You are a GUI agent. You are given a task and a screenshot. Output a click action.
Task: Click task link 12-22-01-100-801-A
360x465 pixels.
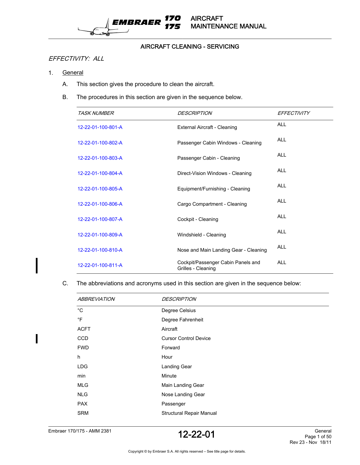100,127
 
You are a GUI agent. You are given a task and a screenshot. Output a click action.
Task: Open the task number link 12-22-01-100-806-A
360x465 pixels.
100,204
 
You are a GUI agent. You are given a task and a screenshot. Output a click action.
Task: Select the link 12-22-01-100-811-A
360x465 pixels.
100,265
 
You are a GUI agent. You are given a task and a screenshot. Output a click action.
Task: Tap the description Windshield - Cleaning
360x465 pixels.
201,235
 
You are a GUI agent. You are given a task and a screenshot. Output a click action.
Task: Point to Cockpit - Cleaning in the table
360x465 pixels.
197,219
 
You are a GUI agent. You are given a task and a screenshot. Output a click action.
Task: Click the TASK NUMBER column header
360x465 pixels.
96,113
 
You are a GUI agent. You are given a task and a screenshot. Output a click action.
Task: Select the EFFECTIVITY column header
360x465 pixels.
293,113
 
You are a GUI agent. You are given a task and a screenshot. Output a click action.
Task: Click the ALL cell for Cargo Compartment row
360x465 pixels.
282,201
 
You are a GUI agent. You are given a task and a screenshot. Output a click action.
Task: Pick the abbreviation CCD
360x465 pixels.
83,338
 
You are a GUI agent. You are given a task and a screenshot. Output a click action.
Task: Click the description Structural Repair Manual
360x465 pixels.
189,413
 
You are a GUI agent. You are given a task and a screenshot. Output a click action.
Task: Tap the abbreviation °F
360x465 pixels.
80,320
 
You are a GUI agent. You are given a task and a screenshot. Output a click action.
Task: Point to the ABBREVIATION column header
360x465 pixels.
96,299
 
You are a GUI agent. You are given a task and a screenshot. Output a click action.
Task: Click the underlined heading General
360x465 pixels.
73,73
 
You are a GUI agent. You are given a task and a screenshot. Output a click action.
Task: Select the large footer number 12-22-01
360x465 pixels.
196,434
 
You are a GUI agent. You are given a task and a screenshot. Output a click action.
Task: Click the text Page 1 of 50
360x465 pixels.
318,437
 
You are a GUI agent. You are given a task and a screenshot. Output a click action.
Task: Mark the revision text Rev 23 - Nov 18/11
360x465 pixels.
310,442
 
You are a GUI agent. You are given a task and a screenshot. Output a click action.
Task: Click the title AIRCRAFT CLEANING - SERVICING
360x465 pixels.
190,47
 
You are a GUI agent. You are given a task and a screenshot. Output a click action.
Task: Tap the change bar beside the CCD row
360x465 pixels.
37,338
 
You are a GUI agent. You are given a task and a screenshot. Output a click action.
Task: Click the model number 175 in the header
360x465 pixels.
172,27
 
